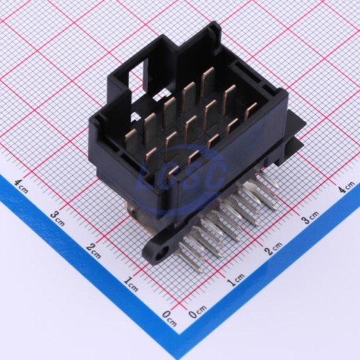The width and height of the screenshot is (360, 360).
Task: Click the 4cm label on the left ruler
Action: pyautogui.click(x=21, y=186)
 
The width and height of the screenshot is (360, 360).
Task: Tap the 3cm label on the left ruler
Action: pyautogui.click(x=58, y=219)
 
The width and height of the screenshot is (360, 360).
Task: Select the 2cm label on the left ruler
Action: pyautogui.click(x=94, y=251)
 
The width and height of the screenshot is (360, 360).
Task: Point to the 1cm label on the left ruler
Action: pyautogui.click(x=131, y=284)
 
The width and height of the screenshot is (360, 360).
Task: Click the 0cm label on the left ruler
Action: pyautogui.click(x=170, y=318)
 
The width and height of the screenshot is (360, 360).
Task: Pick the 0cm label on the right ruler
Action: pyautogui.click(x=198, y=312)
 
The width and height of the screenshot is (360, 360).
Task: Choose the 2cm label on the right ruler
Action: pyautogui.click(x=274, y=248)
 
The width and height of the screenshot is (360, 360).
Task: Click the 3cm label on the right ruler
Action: pyautogui.click(x=310, y=217)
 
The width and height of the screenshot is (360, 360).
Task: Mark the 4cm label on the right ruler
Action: pyautogui.click(x=347, y=187)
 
